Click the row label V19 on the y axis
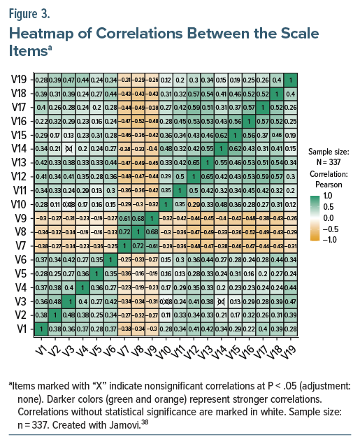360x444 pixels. tap(19, 81)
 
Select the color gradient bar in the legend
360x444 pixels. tap(315, 217)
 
